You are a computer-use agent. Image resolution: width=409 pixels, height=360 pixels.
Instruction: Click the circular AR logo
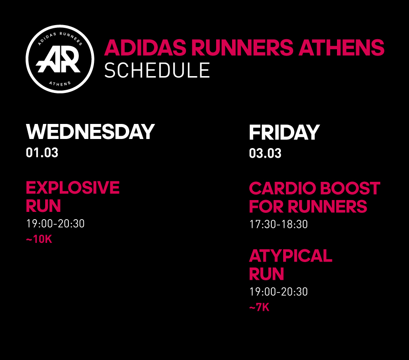(60, 59)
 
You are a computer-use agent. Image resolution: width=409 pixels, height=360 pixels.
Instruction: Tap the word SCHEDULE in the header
(157, 70)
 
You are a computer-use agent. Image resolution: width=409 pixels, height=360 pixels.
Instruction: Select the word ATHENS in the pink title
(342, 47)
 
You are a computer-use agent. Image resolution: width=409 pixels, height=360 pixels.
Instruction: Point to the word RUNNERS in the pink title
(242, 47)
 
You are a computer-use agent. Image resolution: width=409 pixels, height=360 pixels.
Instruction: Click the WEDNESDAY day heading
(90, 132)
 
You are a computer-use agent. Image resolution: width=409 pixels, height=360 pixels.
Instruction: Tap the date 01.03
(42, 153)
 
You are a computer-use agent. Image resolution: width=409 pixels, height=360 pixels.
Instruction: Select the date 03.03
(265, 153)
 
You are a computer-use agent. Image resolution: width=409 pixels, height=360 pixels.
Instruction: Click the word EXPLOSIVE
(73, 188)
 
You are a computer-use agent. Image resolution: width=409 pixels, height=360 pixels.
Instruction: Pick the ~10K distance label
(39, 239)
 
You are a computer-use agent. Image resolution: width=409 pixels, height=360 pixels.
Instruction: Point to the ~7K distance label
(259, 307)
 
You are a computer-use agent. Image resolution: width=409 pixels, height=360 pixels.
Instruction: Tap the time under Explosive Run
(55, 224)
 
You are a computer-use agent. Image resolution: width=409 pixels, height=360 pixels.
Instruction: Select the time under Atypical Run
(279, 292)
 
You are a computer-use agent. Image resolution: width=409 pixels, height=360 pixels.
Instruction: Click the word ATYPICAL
(290, 256)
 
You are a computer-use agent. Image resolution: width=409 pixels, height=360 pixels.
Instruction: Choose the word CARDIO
(283, 188)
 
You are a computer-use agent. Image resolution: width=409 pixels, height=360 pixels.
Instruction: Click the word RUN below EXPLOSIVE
(43, 206)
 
